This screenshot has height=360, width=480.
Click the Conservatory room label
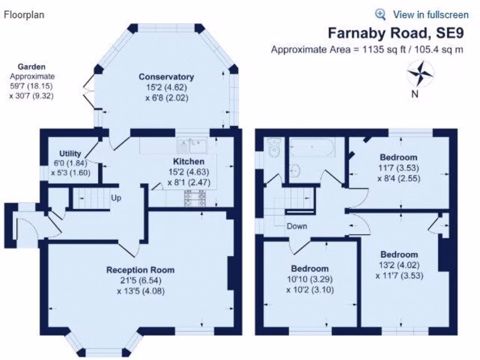pyautogui.click(x=166, y=76)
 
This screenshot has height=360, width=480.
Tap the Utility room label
pyautogui.click(x=70, y=153)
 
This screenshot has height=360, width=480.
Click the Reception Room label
pyautogui.click(x=140, y=270)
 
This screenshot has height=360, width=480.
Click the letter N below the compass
pyautogui.click(x=415, y=94)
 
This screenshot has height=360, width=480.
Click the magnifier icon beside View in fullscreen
pyautogui.click(x=381, y=14)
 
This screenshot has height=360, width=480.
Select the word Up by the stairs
pyautogui.click(x=116, y=198)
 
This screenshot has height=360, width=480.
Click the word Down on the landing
pyautogui.click(x=297, y=226)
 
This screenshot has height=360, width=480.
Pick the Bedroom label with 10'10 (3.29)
pyautogui.click(x=310, y=269)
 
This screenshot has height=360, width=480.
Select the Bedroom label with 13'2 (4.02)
pyautogui.click(x=399, y=255)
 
